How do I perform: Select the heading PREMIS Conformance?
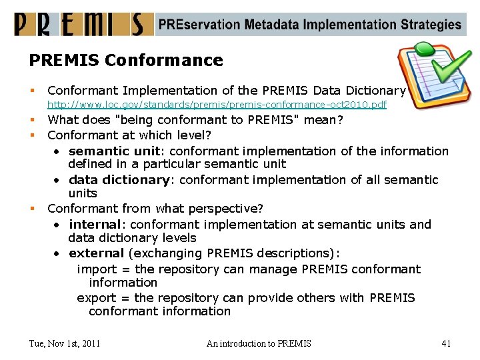(126, 61)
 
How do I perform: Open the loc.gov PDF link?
(217, 105)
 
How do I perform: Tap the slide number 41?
(446, 343)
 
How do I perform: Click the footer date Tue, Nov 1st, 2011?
(65, 343)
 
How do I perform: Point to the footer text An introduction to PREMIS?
(259, 343)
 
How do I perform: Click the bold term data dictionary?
(119, 179)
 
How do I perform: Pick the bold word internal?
(95, 224)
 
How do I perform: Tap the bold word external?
(96, 253)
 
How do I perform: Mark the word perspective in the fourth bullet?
(227, 209)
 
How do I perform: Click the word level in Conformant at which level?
(192, 135)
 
